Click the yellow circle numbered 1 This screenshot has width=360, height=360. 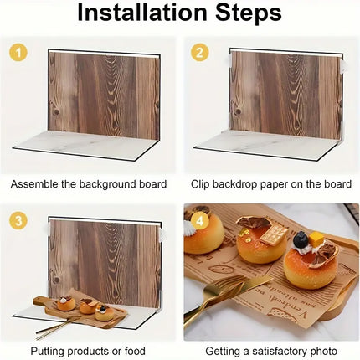tap(18, 52)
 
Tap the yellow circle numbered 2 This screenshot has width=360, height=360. tap(199, 52)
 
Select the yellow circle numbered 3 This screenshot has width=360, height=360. tap(18, 221)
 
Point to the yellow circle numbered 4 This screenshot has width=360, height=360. tap(200, 221)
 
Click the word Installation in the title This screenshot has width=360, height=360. tap(142, 13)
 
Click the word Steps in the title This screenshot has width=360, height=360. tap(248, 13)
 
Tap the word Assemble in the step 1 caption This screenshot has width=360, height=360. tap(33, 184)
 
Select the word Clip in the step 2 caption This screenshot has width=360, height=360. tap(200, 184)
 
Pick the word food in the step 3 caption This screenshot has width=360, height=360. tap(135, 351)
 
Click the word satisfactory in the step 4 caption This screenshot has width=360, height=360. tap(279, 351)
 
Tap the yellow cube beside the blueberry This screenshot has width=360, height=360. tap(316, 239)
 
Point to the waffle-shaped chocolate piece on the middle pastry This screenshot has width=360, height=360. tap(274, 234)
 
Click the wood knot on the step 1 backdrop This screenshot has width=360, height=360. tap(57, 111)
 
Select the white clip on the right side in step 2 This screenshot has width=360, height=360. tap(343, 66)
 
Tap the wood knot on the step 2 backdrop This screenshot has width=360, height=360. tap(238, 111)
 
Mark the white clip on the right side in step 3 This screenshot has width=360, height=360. tap(162, 234)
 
